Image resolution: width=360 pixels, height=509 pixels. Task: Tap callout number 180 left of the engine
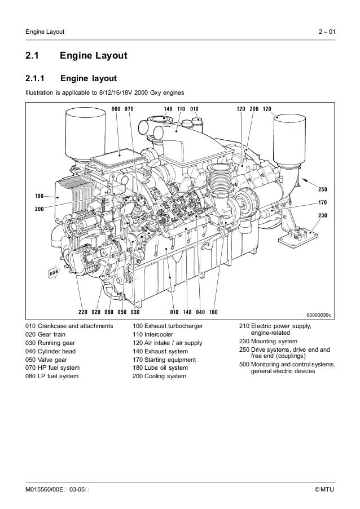click(39, 196)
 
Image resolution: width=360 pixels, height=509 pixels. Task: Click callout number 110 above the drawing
click(181, 108)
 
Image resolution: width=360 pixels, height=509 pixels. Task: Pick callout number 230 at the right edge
click(323, 215)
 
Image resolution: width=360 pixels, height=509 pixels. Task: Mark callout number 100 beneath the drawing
click(214, 311)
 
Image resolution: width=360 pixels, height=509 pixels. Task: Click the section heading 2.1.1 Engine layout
click(68, 78)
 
